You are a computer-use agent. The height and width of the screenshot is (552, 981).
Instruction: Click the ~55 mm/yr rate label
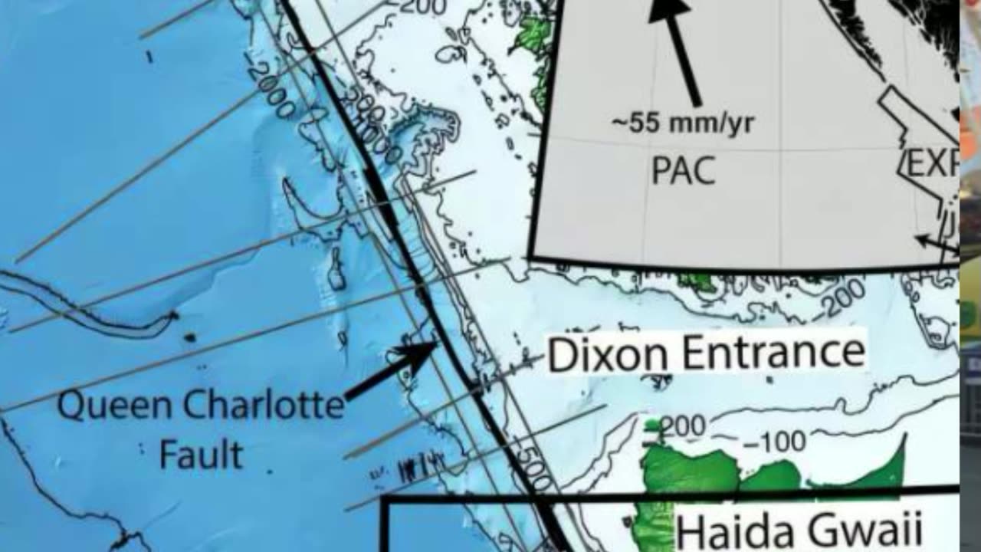pos(683,124)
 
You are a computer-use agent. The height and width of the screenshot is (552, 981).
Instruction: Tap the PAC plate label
pos(684,170)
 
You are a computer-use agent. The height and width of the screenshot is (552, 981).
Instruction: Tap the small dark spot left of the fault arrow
pos(189,337)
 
